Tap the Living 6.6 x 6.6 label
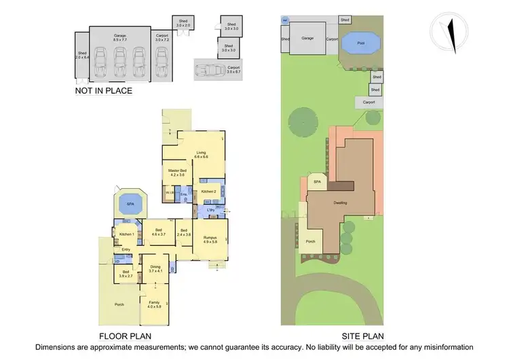(x=201, y=155)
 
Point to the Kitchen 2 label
(x=208, y=192)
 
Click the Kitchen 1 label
(x=127, y=234)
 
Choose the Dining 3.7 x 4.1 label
(x=155, y=269)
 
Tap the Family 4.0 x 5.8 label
(x=155, y=304)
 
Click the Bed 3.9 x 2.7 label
(x=126, y=274)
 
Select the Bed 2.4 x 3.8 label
(x=183, y=232)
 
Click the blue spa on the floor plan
(x=127, y=203)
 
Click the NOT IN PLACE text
(x=104, y=90)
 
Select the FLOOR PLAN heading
(x=125, y=336)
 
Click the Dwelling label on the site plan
(x=340, y=202)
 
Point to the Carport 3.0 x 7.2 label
(x=162, y=37)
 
